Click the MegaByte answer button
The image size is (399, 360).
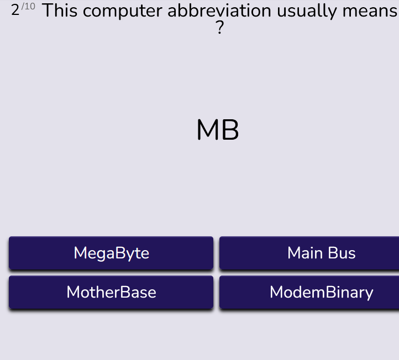[x=111, y=253]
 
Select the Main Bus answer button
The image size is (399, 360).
[x=309, y=253]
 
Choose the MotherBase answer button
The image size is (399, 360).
[x=111, y=292]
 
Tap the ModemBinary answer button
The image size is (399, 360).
[x=309, y=292]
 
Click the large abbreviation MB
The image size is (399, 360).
[x=218, y=130]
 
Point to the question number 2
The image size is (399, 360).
[x=15, y=10]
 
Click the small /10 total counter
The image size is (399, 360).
[x=28, y=6]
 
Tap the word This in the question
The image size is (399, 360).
[x=60, y=10]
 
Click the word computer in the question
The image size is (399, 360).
[x=122, y=12]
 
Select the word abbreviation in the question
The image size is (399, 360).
[x=219, y=10]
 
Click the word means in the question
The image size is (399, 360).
[x=370, y=12]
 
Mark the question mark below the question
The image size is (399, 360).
[x=219, y=28]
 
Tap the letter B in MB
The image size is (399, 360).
[x=230, y=130]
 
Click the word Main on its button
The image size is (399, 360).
[x=305, y=253]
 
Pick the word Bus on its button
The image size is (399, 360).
[x=342, y=253]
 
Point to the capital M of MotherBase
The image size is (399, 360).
[x=73, y=292]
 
